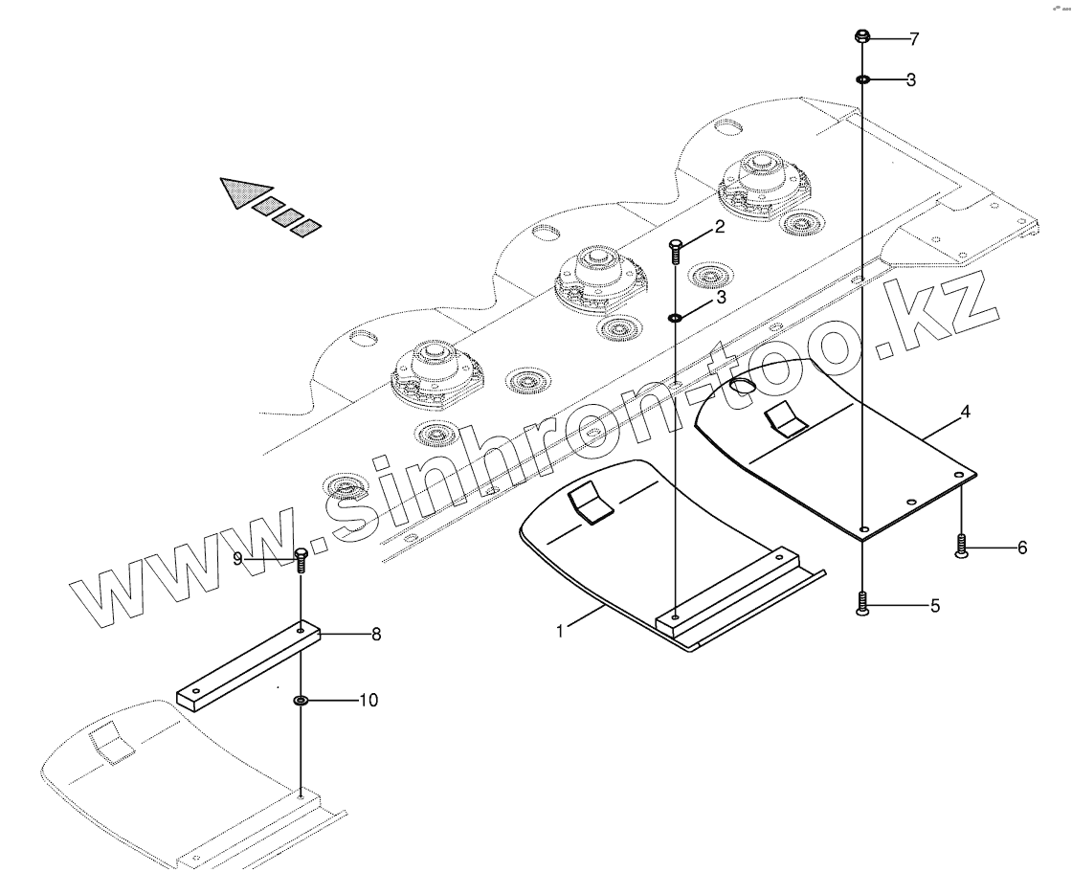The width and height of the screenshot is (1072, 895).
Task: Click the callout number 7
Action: click(x=914, y=39)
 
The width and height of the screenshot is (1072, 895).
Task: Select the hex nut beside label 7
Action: click(x=861, y=38)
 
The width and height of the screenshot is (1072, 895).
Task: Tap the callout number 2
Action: click(x=719, y=228)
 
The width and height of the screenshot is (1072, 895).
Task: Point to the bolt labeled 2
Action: click(x=676, y=251)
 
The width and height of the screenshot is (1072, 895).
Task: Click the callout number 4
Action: click(x=966, y=413)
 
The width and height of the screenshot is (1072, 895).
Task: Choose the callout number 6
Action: click(x=1022, y=548)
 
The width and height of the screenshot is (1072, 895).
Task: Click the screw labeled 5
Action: click(x=862, y=604)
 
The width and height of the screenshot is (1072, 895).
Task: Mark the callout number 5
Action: click(x=935, y=605)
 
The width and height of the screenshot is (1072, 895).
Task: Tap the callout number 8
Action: click(x=376, y=634)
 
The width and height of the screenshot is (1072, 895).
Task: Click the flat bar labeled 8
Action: click(x=251, y=664)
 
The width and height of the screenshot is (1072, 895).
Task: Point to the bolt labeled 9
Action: click(x=301, y=559)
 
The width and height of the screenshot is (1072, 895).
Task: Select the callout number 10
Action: click(x=368, y=701)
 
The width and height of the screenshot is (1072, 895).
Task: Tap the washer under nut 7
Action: click(x=862, y=79)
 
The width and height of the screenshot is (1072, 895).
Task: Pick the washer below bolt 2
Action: click(x=676, y=317)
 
